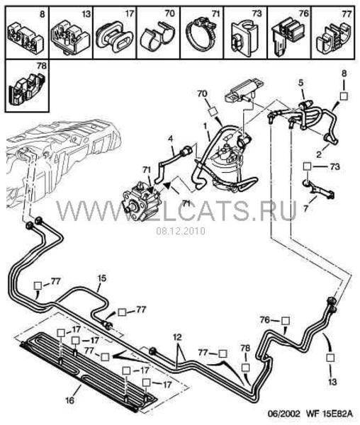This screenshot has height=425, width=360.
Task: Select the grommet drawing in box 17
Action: click(116, 38)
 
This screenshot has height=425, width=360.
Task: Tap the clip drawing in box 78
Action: click(26, 88)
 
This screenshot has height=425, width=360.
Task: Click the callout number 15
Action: click(102, 278)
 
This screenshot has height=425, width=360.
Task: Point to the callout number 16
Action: click(69, 400)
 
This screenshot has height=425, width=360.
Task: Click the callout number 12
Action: click(178, 337)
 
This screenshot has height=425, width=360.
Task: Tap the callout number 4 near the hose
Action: click(170, 139)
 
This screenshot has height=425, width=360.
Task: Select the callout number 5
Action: click(301, 83)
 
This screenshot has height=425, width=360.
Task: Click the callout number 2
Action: click(319, 154)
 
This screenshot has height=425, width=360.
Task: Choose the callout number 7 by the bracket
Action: click(306, 209)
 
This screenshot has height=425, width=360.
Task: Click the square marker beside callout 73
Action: click(307, 166)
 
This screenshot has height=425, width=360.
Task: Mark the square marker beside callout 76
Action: click(286, 321)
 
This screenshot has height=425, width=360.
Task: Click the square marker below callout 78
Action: click(245, 367)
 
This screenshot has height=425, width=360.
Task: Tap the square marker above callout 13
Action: click(330, 358)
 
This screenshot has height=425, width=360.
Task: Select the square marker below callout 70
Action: click(212, 111)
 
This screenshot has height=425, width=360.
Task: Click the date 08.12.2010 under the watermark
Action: click(181, 231)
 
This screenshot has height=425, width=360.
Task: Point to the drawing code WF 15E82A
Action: click(330, 414)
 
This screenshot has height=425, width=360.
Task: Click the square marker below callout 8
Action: click(344, 96)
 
